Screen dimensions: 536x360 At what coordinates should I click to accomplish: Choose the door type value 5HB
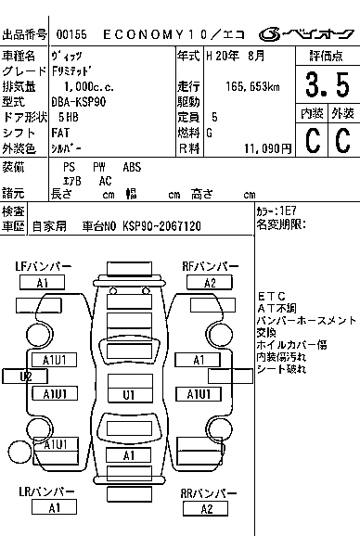point(68,117)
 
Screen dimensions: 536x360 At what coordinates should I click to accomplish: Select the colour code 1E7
point(290,211)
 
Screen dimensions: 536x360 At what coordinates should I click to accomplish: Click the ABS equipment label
point(132,167)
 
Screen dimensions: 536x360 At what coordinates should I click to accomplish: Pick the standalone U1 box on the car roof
point(128,393)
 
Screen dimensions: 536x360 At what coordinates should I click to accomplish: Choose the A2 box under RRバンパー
point(206,508)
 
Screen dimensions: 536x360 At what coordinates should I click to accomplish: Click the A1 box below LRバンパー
point(54,508)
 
